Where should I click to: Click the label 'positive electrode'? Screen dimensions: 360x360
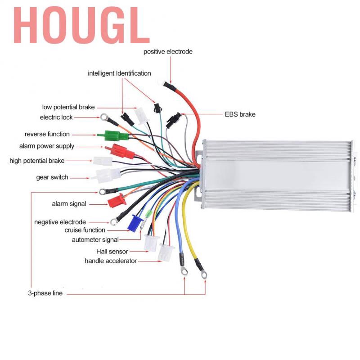click(168, 52)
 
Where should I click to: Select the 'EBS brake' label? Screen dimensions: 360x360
click(240, 114)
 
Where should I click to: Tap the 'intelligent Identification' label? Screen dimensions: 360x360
click(119, 73)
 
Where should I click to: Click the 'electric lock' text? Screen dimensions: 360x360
click(56, 117)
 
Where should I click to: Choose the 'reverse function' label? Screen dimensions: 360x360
click(47, 134)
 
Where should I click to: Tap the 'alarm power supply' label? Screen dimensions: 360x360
click(47, 146)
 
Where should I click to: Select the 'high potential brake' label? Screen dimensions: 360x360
click(37, 161)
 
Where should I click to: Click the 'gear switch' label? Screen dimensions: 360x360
click(52, 177)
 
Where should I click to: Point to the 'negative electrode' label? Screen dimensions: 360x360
click(60, 222)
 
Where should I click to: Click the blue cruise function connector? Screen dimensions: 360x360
click(134, 223)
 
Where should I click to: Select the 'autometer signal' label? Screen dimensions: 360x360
click(95, 240)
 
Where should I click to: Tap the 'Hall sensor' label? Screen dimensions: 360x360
click(112, 252)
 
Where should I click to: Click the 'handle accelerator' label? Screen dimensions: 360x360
click(111, 261)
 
